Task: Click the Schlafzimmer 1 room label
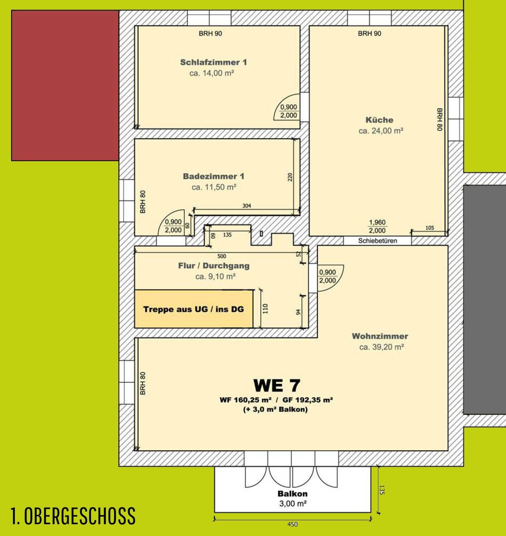[x=213, y=62]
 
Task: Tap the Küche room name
[x=379, y=120]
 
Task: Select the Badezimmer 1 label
[x=214, y=176]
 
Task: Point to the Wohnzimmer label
[x=380, y=336]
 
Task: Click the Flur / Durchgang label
[x=214, y=266]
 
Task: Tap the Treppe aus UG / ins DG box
[x=194, y=309]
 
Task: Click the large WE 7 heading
[x=277, y=386]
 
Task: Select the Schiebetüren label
[x=378, y=241]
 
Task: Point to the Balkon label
[x=293, y=494]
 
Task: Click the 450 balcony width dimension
[x=292, y=525]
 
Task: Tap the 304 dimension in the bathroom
[x=247, y=206]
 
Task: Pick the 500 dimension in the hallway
[x=222, y=256]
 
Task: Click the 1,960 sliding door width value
[x=377, y=222]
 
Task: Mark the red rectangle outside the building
[x=65, y=85]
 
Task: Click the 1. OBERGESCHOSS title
[x=73, y=516]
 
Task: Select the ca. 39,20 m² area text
[x=382, y=347]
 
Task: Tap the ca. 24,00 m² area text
[x=381, y=131]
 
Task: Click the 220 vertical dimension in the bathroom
[x=290, y=177]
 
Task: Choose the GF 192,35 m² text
[x=308, y=400]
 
